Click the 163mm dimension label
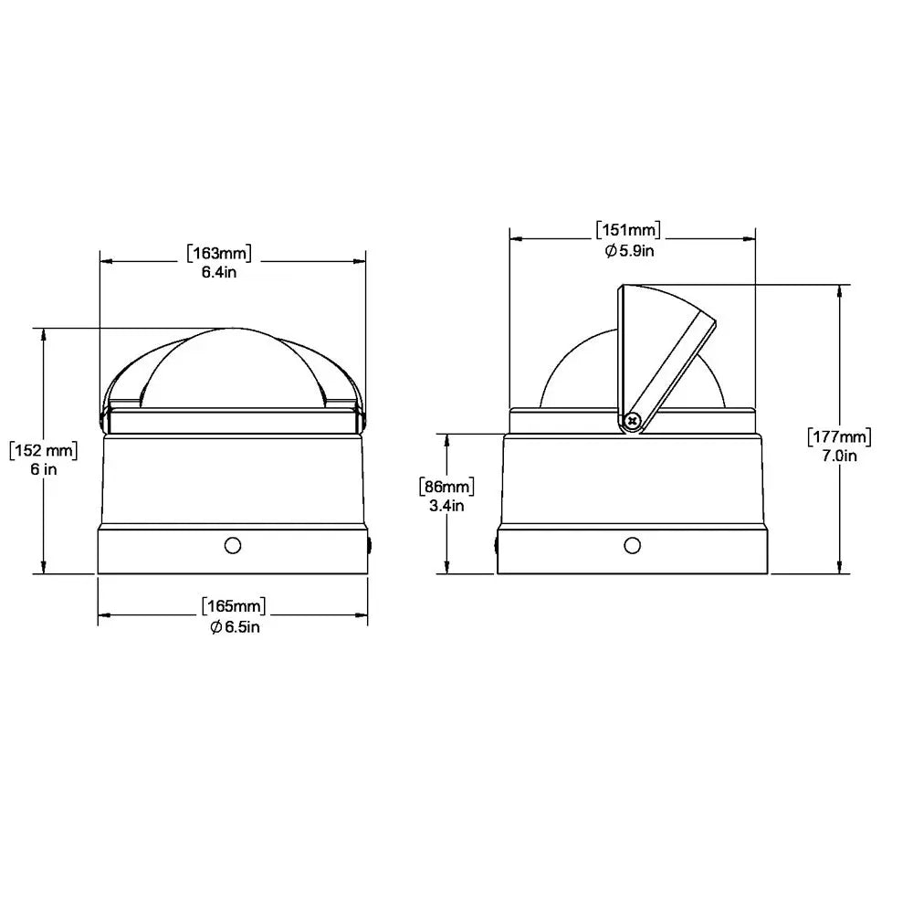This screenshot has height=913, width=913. pyautogui.click(x=219, y=253)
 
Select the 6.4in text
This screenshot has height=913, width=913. pyautogui.click(x=219, y=272)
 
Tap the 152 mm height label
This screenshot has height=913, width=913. pyautogui.click(x=44, y=450)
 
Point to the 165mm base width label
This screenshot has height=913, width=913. pyautogui.click(x=234, y=606)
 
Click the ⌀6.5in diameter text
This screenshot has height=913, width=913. pyautogui.click(x=235, y=627)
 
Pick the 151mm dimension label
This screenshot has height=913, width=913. pyautogui.click(x=628, y=229)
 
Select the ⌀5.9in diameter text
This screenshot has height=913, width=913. pyautogui.click(x=629, y=251)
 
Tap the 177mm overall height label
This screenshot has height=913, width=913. pyautogui.click(x=839, y=436)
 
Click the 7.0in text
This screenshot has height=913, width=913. pyautogui.click(x=839, y=456)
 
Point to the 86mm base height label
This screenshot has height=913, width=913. pyautogui.click(x=446, y=487)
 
